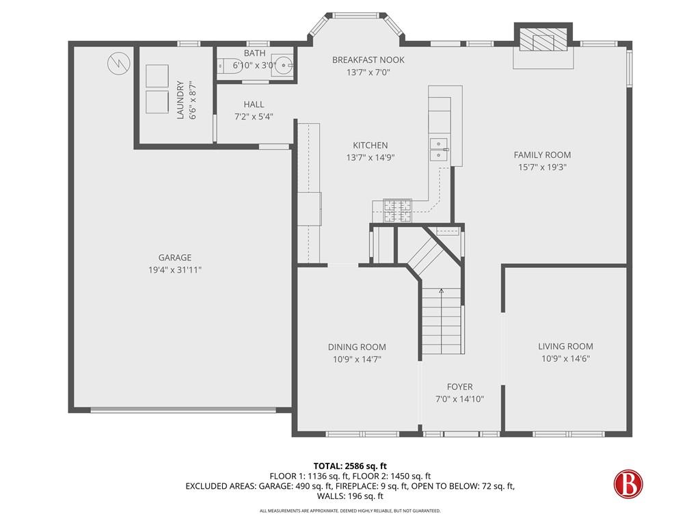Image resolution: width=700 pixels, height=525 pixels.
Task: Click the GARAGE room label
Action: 174,257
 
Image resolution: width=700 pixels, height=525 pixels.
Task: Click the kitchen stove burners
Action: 397,211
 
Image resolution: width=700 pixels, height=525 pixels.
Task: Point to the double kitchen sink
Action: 439,149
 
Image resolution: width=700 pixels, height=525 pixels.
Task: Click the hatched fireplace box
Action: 543,42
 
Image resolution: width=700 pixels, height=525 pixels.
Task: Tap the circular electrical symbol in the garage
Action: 119,63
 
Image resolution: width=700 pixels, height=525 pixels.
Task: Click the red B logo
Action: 628,483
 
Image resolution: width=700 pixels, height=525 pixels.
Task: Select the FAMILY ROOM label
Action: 542,155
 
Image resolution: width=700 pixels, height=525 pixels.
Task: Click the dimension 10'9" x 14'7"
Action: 357,360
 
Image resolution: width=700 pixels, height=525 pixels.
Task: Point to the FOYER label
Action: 459,387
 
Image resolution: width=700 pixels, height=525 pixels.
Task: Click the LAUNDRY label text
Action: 180,100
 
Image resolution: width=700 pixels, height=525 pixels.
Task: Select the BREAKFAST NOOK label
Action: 368,60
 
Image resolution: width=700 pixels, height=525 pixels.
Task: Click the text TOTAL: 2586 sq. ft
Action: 350,466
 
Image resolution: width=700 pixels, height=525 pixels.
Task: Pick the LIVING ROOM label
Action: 565,346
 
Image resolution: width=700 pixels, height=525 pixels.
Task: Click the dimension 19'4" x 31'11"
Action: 174,269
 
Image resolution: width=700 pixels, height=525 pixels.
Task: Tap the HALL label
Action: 254,105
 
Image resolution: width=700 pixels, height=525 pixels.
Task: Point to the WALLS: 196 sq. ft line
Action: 350,496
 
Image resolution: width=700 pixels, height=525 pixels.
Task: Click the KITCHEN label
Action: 370,145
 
